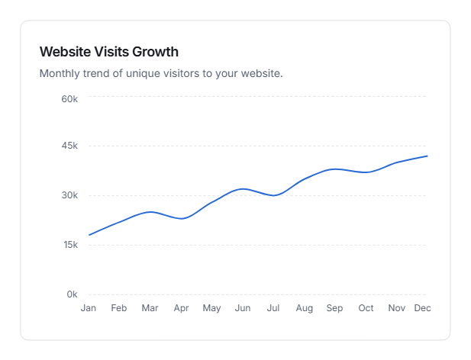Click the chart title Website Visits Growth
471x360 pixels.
pos(108,52)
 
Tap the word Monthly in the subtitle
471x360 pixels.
pos(60,74)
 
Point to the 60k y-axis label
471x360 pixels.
pos(69,99)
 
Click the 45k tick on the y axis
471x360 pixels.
pos(69,146)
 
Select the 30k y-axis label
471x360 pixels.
pos(69,195)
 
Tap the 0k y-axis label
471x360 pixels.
pos(72,294)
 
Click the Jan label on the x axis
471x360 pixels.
pos(89,308)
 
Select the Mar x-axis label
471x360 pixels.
pos(150,308)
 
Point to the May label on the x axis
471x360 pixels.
pos(211,308)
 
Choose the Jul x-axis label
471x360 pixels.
pos(273,308)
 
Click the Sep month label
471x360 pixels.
pos(334,308)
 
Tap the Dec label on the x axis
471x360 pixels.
pos(422,308)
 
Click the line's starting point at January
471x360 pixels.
pos(89,235)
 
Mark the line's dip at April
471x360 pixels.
pos(182,219)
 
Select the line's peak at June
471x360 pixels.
pos(243,188)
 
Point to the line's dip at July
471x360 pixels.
pos(274,195)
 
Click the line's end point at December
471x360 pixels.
pos(427,156)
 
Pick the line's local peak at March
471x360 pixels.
pos(151,211)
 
